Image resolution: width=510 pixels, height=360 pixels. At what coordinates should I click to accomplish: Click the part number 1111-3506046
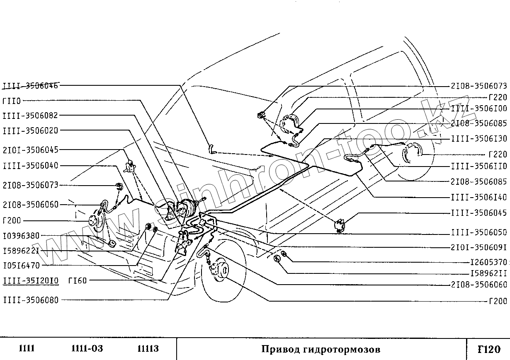pyautogui.click(x=30, y=86)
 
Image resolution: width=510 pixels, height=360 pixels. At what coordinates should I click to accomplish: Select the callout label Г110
pyautogui.click(x=12, y=101)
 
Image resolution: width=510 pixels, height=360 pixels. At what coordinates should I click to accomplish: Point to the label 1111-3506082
pyautogui.click(x=30, y=116)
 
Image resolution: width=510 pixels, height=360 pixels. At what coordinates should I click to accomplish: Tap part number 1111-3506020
pyautogui.click(x=30, y=130)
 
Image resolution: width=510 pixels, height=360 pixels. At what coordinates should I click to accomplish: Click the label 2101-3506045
pyautogui.click(x=30, y=150)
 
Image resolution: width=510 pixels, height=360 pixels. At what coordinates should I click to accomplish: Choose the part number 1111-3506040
pyautogui.click(x=30, y=166)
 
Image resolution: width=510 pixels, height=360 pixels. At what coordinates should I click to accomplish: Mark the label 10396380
pyautogui.click(x=21, y=236)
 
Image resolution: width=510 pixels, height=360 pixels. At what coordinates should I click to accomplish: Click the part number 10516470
pyautogui.click(x=21, y=265)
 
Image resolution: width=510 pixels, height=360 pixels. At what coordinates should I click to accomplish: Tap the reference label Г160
pyautogui.click(x=77, y=281)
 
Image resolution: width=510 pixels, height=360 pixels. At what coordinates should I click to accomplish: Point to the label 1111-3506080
pyautogui.click(x=30, y=300)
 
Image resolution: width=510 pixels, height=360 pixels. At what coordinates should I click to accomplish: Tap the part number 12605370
pyautogui.click(x=488, y=262)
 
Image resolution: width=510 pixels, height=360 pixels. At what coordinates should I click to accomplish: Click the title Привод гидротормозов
pyautogui.click(x=321, y=349)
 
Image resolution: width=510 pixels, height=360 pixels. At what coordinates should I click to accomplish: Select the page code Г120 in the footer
pyautogui.click(x=489, y=349)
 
